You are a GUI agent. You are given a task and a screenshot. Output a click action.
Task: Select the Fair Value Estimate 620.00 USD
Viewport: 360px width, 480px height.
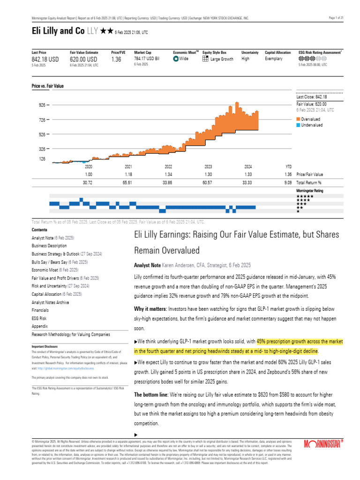coord(83,60)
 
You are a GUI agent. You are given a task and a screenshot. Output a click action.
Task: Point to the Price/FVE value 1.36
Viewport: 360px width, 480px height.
coord(117,60)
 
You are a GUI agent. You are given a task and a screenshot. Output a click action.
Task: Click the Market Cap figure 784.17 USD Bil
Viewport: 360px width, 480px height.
coord(149,59)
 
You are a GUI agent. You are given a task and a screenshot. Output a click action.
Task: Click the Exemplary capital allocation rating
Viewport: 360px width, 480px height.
coord(274,59)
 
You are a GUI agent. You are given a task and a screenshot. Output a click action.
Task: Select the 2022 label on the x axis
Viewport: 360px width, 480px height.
coord(168,166)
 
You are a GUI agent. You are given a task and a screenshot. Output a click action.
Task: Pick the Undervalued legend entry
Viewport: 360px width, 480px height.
coord(312,125)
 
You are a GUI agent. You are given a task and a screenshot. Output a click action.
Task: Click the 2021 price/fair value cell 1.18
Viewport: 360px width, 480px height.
coord(128,174)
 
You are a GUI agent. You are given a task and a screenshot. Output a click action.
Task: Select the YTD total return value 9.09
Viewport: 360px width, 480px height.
coord(288,182)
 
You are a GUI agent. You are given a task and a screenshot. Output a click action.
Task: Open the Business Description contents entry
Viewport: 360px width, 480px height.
coord(49,246)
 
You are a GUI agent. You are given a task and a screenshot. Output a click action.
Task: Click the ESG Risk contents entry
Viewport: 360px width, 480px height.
coord(39,319)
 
